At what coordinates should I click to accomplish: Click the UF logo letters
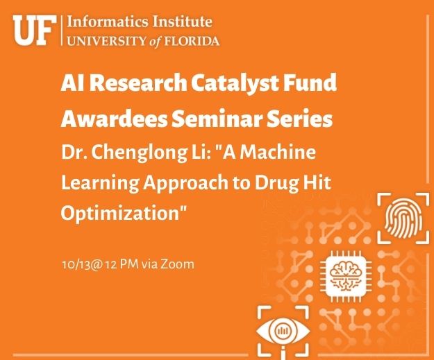[x=33, y=31]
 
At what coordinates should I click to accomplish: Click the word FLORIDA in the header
[x=192, y=41]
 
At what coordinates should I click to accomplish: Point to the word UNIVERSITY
[x=106, y=41]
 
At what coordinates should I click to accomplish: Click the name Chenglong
[x=138, y=153]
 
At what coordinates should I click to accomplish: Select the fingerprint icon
[x=403, y=218]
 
